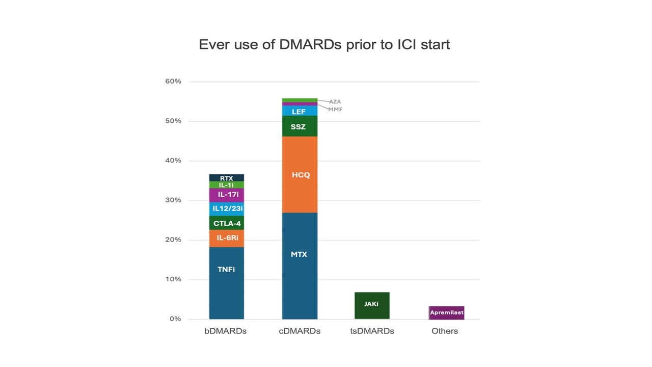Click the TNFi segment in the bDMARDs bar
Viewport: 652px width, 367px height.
point(226,283)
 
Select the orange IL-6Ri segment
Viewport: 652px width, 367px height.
point(226,238)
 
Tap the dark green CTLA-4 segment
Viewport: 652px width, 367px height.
point(226,223)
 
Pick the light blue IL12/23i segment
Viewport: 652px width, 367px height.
point(226,208)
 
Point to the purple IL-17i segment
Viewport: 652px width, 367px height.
point(226,195)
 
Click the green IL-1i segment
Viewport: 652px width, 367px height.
point(226,185)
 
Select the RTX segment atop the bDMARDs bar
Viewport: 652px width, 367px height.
point(226,178)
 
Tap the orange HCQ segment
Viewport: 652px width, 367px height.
point(300,175)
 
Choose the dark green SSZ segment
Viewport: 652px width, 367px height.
point(300,126)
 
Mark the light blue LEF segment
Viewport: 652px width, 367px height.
point(300,111)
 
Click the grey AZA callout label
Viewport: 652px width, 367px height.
point(335,102)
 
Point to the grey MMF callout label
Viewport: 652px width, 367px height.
point(335,110)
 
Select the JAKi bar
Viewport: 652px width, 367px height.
point(372,305)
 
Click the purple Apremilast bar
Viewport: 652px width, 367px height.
point(447,312)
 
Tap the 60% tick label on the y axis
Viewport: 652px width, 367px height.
point(173,82)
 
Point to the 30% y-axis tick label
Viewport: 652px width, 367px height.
point(173,200)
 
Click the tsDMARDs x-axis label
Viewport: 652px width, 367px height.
point(372,331)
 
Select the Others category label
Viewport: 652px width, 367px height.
point(445,331)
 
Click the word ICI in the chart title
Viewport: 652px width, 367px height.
point(407,44)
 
